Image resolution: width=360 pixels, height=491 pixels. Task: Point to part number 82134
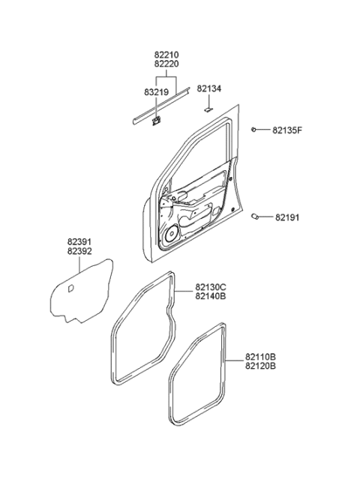[x=208, y=89]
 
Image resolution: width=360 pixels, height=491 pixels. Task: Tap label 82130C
[x=212, y=286]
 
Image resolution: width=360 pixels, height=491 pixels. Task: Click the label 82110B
[x=261, y=358]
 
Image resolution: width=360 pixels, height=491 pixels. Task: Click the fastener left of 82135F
[x=256, y=130]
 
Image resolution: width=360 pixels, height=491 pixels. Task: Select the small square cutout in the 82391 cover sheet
[x=70, y=288]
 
